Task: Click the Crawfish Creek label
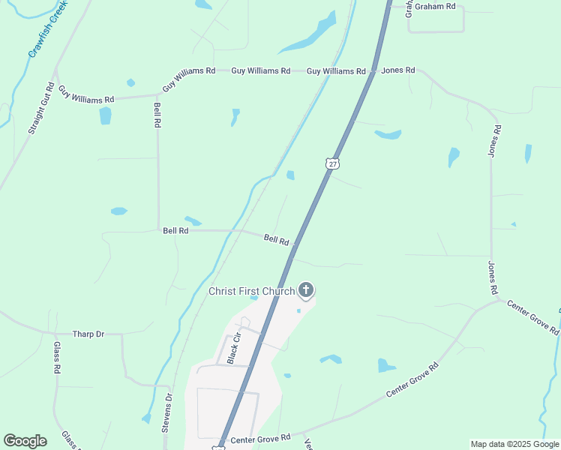(49, 28)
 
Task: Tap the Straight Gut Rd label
(41, 108)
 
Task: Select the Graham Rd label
(439, 6)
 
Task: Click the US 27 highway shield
(332, 163)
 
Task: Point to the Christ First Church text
(251, 291)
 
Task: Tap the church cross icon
(305, 289)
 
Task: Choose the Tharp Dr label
(88, 334)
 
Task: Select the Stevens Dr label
(166, 414)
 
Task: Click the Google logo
(25, 441)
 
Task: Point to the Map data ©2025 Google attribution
(514, 444)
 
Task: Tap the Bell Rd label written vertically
(157, 115)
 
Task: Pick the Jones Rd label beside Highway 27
(398, 70)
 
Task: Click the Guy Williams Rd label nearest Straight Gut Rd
(86, 94)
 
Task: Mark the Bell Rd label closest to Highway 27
(276, 240)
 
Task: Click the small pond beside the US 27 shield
(290, 175)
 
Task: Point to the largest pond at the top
(310, 35)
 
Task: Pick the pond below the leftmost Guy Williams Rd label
(105, 115)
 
